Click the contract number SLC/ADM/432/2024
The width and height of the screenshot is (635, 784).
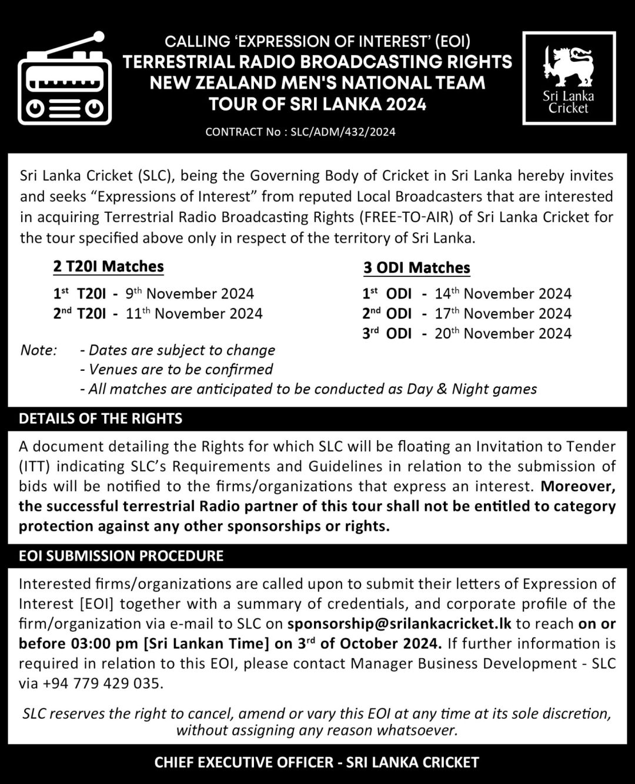pyautogui.click(x=343, y=132)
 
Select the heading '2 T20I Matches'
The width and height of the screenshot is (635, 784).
pyautogui.click(x=108, y=267)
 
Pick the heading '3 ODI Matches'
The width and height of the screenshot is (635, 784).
pyautogui.click(x=417, y=268)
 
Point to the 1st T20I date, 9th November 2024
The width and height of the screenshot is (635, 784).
pyautogui.click(x=190, y=293)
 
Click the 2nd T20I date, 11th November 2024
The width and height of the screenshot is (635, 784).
pyautogui.click(x=194, y=313)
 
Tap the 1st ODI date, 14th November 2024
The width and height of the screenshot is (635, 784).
pyautogui.click(x=503, y=293)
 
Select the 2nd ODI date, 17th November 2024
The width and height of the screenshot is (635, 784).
pyautogui.click(x=503, y=313)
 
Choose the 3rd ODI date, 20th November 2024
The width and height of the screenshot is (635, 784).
pyautogui.click(x=503, y=333)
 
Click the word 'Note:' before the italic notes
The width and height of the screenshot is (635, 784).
pyautogui.click(x=39, y=350)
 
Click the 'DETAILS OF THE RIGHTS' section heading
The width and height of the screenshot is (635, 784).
pyautogui.click(x=101, y=418)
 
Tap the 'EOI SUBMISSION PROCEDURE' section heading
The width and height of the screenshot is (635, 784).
pyautogui.click(x=121, y=556)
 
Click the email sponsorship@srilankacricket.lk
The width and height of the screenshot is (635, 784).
pyautogui.click(x=399, y=624)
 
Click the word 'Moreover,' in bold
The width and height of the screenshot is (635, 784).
pyautogui.click(x=578, y=487)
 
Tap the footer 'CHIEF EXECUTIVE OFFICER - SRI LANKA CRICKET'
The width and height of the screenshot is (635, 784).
pyautogui.click(x=316, y=763)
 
